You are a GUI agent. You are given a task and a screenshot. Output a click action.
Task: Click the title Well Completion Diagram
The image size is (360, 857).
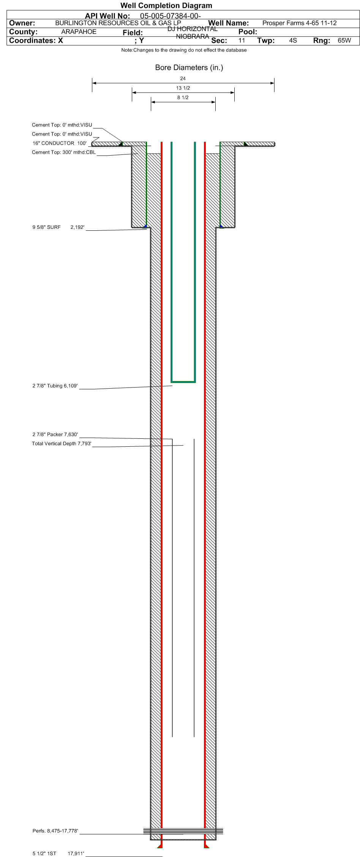click(x=166, y=5)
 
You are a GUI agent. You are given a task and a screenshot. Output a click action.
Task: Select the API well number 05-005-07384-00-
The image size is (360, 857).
click(x=171, y=16)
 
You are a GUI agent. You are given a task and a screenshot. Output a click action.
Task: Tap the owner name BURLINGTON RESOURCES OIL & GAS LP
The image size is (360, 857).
click(x=118, y=23)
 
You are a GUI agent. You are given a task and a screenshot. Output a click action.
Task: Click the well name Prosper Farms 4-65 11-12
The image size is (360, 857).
click(x=300, y=23)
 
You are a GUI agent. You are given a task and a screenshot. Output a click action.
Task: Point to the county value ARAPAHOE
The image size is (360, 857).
click(x=79, y=32)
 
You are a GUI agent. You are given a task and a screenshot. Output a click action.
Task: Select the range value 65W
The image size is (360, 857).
click(x=344, y=40)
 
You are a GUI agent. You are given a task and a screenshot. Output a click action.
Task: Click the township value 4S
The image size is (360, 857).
click(x=293, y=40)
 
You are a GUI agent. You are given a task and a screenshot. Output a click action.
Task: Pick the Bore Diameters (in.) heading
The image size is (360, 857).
click(x=189, y=68)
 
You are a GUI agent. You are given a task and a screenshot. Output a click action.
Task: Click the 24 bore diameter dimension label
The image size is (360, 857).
click(x=183, y=79)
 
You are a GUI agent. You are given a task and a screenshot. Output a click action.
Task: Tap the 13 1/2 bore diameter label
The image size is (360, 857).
click(x=183, y=88)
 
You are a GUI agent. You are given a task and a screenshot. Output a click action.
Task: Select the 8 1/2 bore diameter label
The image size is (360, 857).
click(x=183, y=98)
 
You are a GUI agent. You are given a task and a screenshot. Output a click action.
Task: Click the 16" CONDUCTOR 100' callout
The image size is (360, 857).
click(x=60, y=143)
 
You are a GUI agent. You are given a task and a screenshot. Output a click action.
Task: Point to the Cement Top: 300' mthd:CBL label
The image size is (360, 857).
click(x=64, y=152)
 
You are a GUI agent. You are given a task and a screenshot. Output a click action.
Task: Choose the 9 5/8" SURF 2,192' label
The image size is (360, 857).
click(x=58, y=227)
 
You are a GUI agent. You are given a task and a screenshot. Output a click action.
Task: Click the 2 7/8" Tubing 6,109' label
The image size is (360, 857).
click(x=55, y=386)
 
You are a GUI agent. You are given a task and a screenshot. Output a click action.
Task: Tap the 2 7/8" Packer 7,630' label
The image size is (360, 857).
click(x=55, y=434)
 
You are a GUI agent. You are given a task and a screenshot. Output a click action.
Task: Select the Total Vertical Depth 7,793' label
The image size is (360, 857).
click(x=62, y=443)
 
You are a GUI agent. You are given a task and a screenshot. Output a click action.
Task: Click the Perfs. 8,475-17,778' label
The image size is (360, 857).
click(x=55, y=831)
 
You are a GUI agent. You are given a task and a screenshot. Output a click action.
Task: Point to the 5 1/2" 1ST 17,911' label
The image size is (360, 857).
click(x=58, y=854)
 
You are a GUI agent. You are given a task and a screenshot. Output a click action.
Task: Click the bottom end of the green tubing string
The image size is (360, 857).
click(x=183, y=381)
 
